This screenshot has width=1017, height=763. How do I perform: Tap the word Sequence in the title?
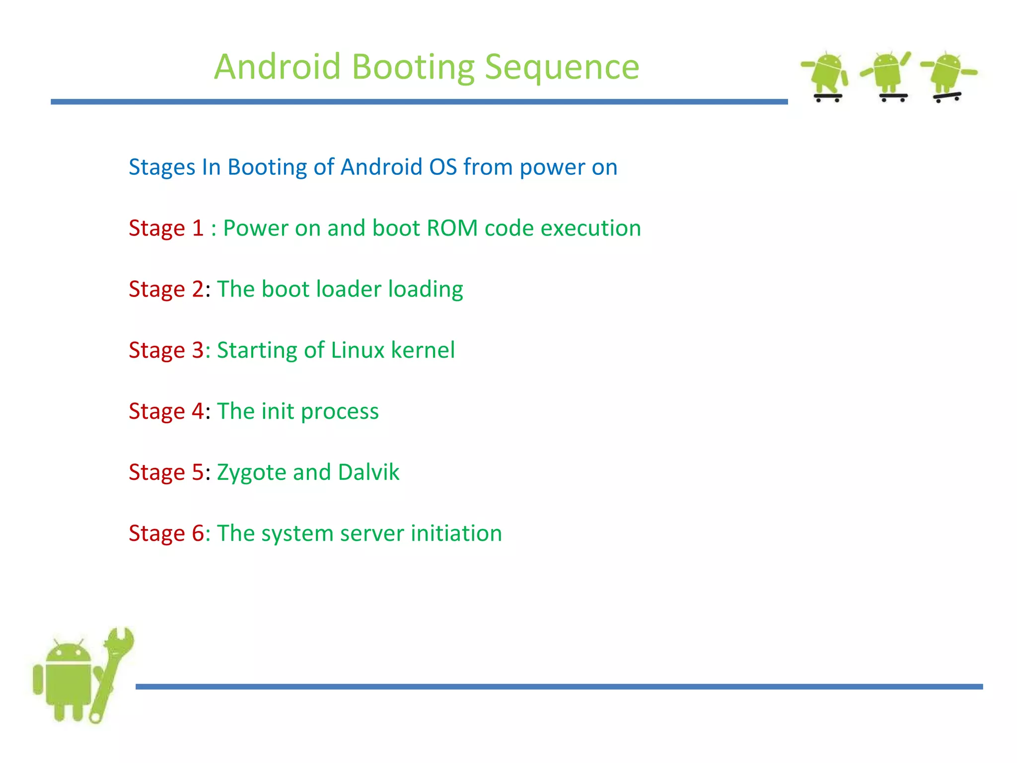[562, 67]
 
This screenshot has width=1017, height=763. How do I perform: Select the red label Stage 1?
[166, 229]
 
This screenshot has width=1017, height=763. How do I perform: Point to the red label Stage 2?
[166, 290]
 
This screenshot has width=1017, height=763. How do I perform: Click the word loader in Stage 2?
[348, 290]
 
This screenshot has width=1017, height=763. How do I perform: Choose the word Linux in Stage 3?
[358, 350]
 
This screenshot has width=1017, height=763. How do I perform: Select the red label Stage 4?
[166, 411]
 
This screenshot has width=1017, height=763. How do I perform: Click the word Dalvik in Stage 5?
[368, 472]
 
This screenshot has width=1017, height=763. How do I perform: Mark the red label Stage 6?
[166, 534]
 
